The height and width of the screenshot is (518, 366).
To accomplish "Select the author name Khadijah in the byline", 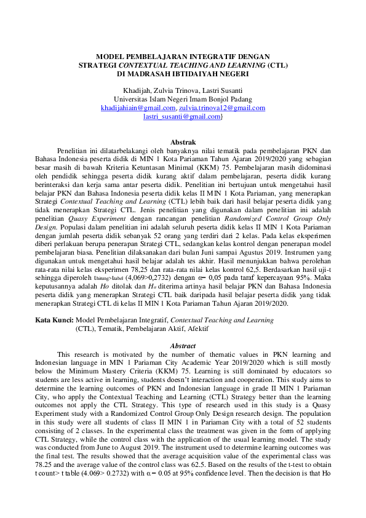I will (x=136, y=90).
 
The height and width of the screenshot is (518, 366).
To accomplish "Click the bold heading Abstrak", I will (x=183, y=141).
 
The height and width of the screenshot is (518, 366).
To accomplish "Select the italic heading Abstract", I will (x=183, y=346).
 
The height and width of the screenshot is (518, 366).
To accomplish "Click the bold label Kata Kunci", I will (x=54, y=321).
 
